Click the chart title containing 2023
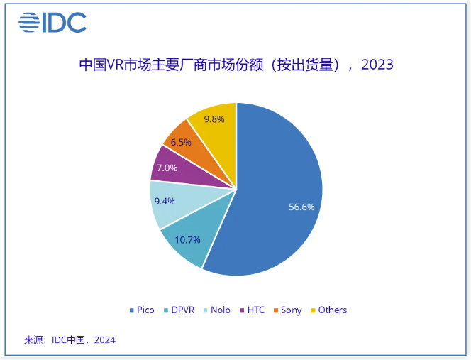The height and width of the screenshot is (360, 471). (236, 65)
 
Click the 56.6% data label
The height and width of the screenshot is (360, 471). (301, 207)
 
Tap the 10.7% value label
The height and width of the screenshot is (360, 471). (188, 240)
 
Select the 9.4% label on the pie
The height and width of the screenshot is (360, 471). (164, 200)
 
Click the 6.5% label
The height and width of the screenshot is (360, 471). (181, 142)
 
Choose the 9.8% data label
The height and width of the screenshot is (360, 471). (214, 119)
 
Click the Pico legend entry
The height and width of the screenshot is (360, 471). (141, 310)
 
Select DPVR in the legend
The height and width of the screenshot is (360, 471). (181, 310)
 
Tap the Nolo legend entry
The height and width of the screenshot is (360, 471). (220, 310)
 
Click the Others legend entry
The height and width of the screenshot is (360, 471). (328, 310)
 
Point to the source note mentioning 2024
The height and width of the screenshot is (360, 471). (70, 340)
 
